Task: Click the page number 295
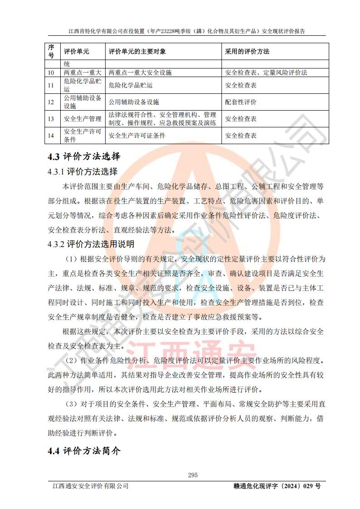[193, 475]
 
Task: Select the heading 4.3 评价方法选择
[84, 157]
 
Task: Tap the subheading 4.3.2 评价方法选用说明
[91, 244]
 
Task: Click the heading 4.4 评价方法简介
[84, 451]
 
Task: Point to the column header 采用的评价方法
[247, 52]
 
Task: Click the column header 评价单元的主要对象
[137, 52]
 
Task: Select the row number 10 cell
[51, 73]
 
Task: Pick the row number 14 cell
[51, 136]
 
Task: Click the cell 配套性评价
[241, 102]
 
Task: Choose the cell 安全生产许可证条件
[137, 136]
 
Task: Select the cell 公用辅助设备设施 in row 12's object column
[134, 102]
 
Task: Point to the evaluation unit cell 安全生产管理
[83, 119]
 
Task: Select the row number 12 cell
[51, 102]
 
